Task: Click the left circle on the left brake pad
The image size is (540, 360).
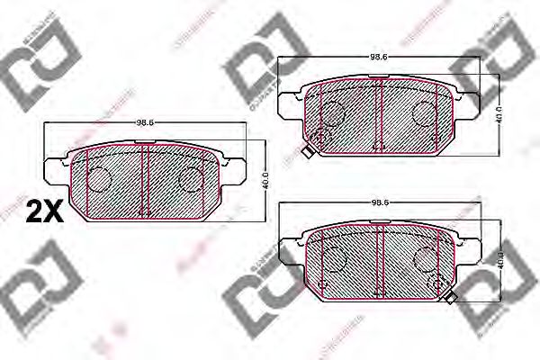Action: click(98, 180)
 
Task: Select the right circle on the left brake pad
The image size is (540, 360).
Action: click(191, 180)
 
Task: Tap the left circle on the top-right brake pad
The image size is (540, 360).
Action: click(334, 112)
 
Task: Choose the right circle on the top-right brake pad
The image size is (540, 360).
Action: click(424, 112)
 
